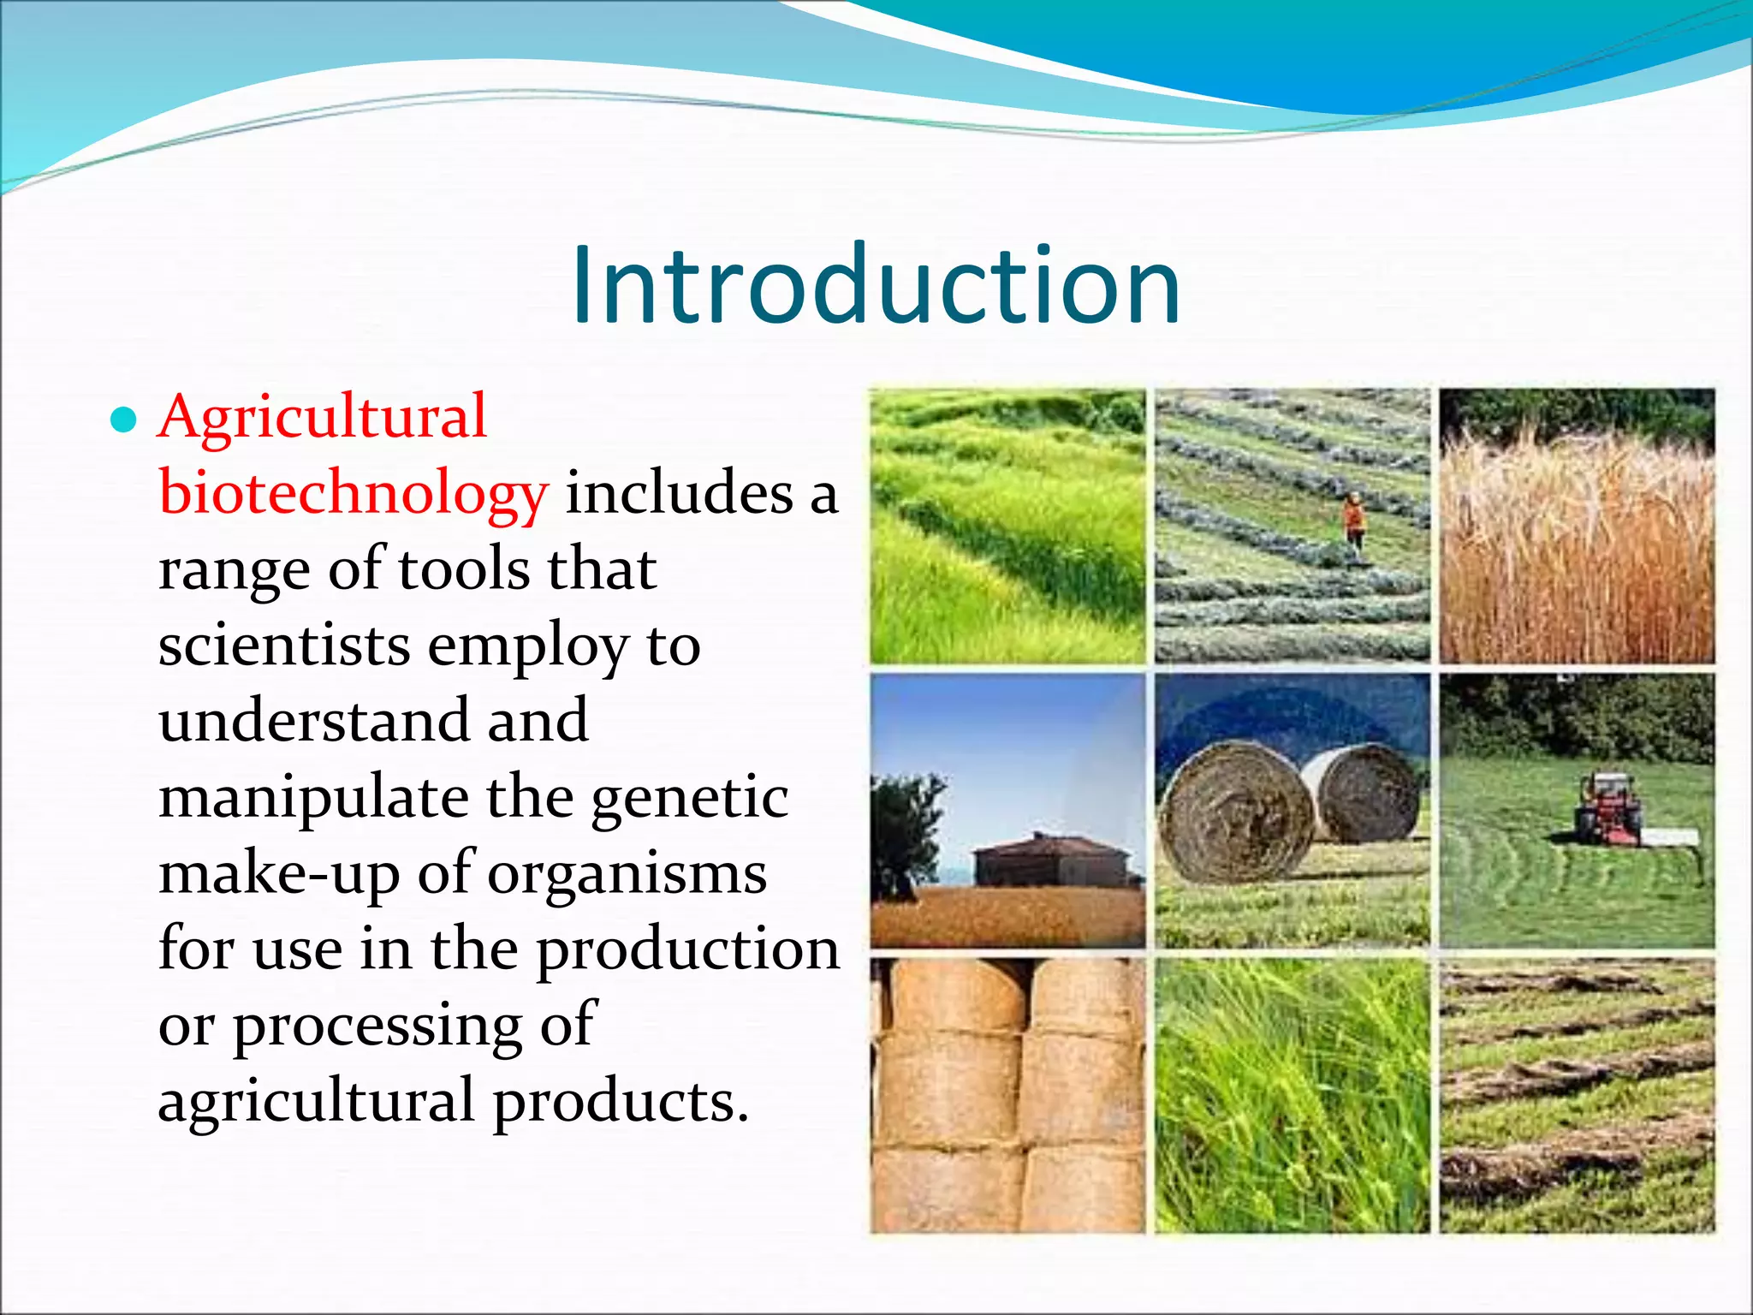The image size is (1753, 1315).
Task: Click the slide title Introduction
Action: (876, 285)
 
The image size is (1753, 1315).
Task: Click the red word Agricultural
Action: (323, 417)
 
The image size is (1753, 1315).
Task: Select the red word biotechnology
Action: (353, 495)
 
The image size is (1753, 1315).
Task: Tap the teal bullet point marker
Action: (124, 420)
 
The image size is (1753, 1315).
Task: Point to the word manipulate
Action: (313, 798)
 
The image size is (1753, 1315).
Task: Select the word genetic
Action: (689, 798)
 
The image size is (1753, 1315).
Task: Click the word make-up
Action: (279, 874)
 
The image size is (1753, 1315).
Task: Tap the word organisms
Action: (627, 874)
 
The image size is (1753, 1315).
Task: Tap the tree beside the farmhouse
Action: (905, 830)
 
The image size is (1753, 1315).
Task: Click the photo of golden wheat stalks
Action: (1577, 526)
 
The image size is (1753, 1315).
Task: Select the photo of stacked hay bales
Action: (1007, 1095)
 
